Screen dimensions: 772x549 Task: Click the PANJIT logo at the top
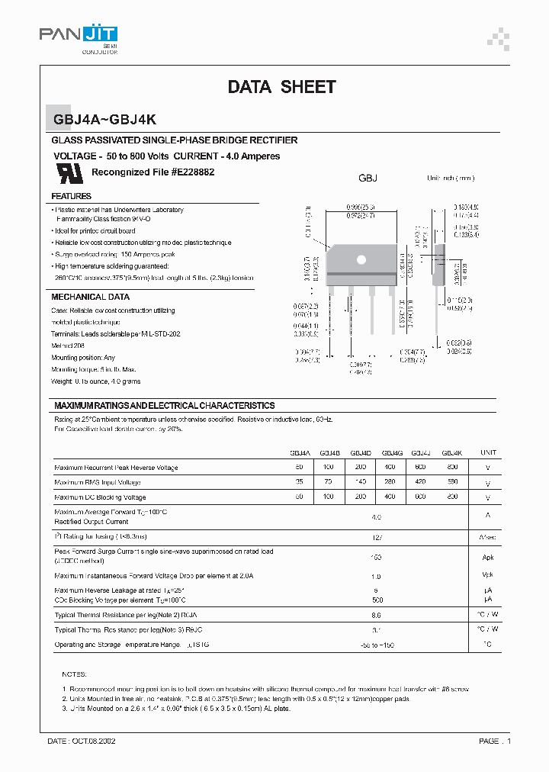79,35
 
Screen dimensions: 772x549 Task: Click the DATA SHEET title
281,87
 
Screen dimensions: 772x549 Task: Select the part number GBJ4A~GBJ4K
105,119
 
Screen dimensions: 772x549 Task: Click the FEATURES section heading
71,196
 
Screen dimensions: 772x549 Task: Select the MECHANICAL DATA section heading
90,297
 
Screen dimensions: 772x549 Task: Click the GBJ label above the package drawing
368,178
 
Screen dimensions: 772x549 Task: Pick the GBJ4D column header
361,452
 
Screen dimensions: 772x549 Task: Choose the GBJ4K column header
452,452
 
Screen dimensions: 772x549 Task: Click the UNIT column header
488,452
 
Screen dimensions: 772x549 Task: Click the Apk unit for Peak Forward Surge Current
488,557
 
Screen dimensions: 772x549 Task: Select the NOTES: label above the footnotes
74,675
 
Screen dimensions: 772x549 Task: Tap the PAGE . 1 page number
495,741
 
